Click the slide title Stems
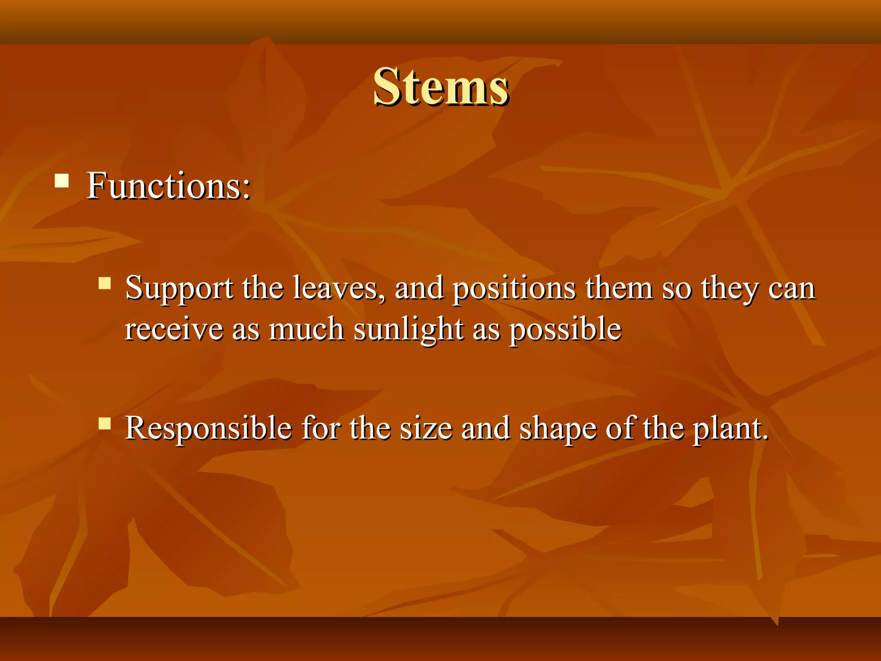[441, 87]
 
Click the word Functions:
[168, 186]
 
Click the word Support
[179, 288]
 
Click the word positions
[514, 288]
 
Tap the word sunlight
[408, 330]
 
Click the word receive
[174, 330]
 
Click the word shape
[558, 429]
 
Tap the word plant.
[730, 429]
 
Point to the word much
[306, 330]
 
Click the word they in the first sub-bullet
[730, 288]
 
